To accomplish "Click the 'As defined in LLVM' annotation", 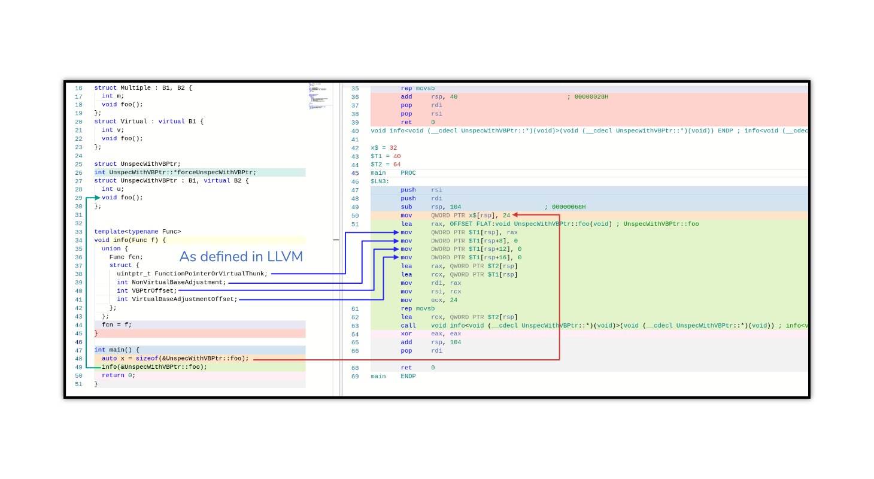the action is tap(241, 256).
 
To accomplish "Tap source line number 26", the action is tap(78, 172).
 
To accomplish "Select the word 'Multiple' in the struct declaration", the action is tap(135, 88).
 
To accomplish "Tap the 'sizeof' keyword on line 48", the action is tap(147, 359).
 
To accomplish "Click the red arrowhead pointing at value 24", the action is tap(515, 215).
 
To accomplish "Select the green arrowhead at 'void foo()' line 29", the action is tap(97, 198).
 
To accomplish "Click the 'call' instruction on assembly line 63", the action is tap(408, 326).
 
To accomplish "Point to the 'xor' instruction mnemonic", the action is tap(406, 334).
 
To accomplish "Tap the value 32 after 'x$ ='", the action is tap(393, 148).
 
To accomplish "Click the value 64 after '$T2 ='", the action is tap(397, 165).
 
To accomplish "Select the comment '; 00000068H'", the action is tap(565, 207).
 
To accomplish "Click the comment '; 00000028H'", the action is tap(588, 97).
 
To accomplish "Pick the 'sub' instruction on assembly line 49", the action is tap(406, 207).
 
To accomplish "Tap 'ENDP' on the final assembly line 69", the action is tap(408, 377).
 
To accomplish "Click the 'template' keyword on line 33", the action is tap(109, 232).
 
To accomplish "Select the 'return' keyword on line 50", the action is tap(113, 375).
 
